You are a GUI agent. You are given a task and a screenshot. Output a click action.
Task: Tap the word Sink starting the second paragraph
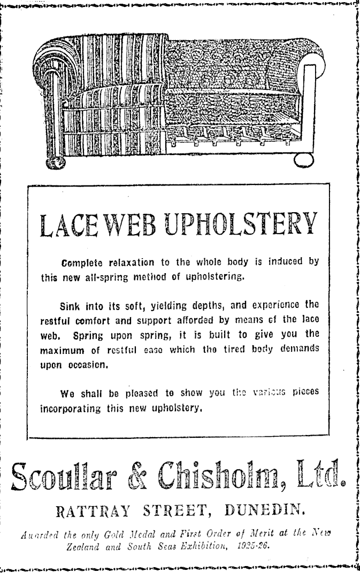(70, 306)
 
